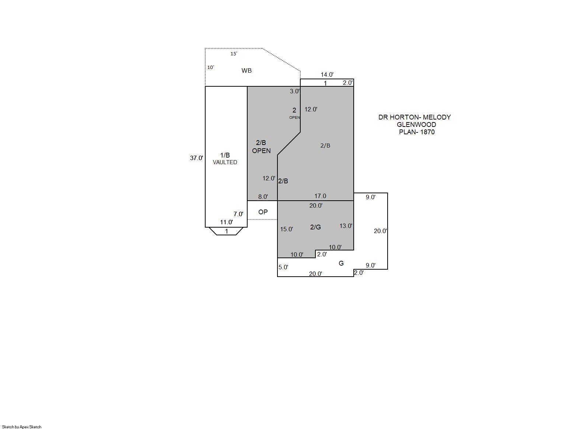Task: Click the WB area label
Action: pos(246,70)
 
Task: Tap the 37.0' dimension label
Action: pos(196,158)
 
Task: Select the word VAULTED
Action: pos(225,162)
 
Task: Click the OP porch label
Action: pos(263,212)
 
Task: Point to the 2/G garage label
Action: pos(315,227)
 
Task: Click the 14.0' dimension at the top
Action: pos(327,75)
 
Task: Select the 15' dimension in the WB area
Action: pos(234,54)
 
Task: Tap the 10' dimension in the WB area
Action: pos(210,68)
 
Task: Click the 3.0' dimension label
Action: pos(295,91)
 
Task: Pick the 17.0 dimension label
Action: pos(320,196)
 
